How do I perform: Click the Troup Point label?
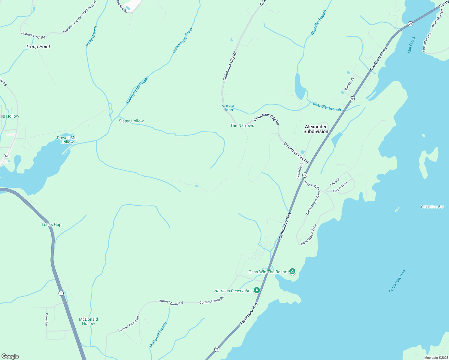click(38, 46)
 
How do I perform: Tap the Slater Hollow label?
click(131, 121)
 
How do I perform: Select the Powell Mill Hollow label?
click(67, 140)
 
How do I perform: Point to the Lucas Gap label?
click(52, 224)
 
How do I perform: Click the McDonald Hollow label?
click(89, 321)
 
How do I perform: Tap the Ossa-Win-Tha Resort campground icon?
click(292, 271)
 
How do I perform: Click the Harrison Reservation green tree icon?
click(257, 290)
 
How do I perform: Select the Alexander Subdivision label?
click(316, 129)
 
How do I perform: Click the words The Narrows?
click(242, 125)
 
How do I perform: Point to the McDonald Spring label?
click(229, 108)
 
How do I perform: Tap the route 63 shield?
click(7, 156)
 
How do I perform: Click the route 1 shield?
click(61, 293)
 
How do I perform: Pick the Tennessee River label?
click(397, 280)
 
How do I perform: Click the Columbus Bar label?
click(432, 207)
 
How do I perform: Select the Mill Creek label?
click(411, 45)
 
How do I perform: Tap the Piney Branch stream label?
click(91, 36)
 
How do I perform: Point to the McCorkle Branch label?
click(158, 335)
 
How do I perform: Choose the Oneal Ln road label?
click(47, 319)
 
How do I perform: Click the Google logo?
click(10, 356)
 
